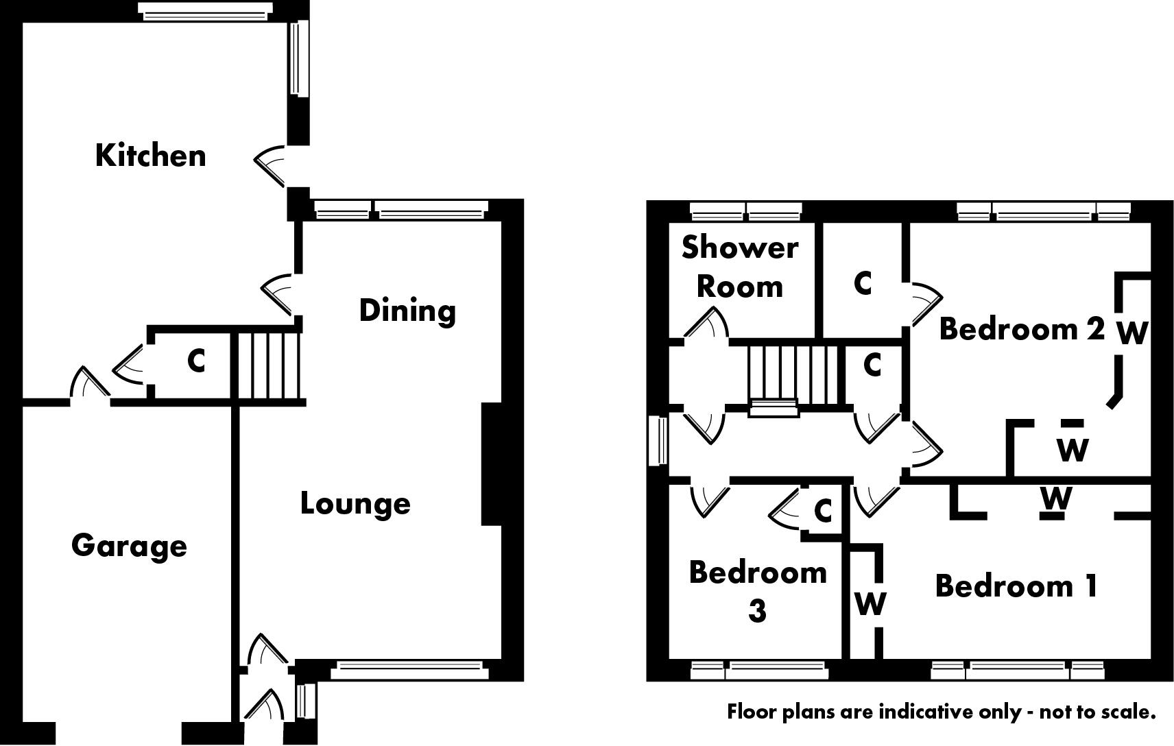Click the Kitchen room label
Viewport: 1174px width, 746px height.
click(150, 156)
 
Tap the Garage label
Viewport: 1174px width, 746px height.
click(129, 546)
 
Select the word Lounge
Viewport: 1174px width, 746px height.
click(355, 504)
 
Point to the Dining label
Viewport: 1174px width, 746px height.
click(407, 311)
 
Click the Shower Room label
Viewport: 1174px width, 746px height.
click(739, 267)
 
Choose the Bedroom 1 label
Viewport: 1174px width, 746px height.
click(1016, 586)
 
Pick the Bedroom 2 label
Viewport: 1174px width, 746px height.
click(1022, 329)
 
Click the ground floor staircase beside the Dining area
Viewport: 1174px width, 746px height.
click(270, 365)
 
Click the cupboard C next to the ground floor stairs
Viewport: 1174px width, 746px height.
click(196, 361)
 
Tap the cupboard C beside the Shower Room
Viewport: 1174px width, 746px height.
click(863, 282)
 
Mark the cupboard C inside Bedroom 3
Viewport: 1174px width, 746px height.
click(823, 511)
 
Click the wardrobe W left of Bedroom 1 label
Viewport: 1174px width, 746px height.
click(870, 604)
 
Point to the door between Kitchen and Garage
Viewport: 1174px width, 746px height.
click(89, 385)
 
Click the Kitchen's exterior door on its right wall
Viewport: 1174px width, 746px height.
click(272, 165)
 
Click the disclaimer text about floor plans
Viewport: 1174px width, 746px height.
click(942, 712)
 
